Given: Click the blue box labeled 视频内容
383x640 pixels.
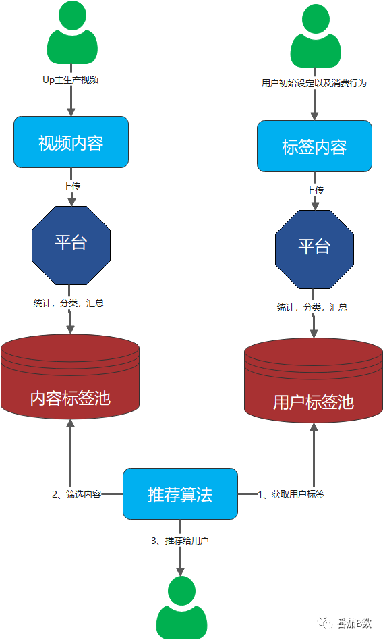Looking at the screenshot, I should [71, 142].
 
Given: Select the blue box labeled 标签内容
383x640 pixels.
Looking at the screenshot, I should [314, 146].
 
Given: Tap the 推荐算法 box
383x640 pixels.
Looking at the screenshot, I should [180, 494].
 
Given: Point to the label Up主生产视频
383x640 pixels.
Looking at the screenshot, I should [71, 80].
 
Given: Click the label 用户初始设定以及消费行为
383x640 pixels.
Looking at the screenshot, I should [314, 84].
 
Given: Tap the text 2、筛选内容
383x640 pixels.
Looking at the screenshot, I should [77, 494].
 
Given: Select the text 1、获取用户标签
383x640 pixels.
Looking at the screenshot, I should [291, 494].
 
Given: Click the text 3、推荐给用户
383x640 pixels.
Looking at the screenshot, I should [180, 541].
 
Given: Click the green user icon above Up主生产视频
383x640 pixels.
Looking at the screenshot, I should [71, 33].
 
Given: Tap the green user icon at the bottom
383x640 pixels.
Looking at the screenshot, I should [181, 608].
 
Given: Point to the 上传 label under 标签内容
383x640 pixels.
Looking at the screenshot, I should [314, 190].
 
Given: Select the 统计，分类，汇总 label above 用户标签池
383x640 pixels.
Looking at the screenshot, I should [312, 307].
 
